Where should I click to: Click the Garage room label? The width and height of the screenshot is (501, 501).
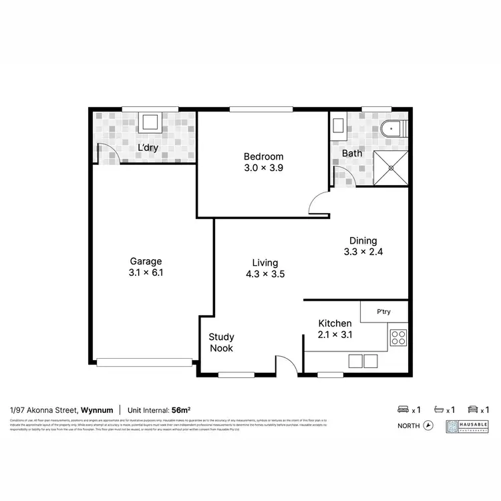(146, 261)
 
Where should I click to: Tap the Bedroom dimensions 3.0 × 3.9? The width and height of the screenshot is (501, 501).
(263, 168)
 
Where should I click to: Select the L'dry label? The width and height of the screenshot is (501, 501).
(147, 148)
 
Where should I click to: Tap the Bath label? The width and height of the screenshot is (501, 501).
(351, 154)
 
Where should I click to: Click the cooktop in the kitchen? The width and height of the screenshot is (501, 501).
(398, 337)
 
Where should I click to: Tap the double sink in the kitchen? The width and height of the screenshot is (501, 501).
(362, 361)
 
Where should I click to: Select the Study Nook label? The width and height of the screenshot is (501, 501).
(221, 343)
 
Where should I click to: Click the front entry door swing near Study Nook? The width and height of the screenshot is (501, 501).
(285, 364)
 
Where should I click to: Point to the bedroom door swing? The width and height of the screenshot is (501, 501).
(319, 202)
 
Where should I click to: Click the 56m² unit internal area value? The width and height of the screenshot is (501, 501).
(180, 409)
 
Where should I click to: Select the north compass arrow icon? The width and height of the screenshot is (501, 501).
(428, 425)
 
